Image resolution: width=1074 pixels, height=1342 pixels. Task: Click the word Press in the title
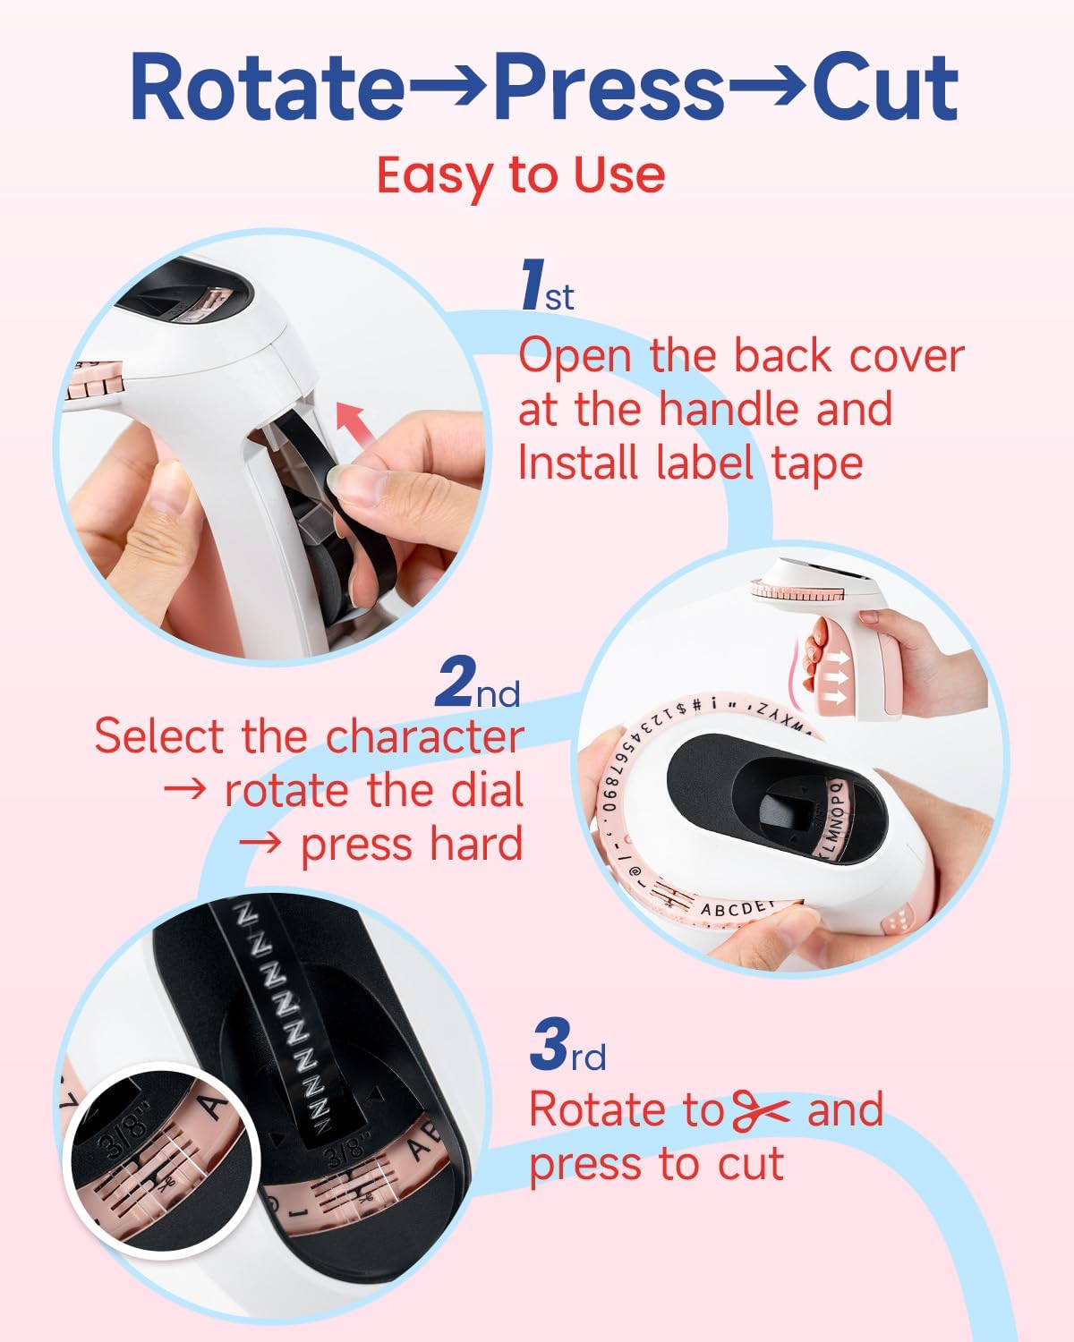(609, 88)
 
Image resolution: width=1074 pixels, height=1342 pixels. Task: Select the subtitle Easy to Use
(520, 174)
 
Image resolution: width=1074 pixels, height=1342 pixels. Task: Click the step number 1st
(547, 286)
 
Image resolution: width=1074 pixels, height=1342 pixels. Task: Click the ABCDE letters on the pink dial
(734, 909)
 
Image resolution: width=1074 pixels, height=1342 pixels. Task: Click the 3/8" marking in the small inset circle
(123, 1119)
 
